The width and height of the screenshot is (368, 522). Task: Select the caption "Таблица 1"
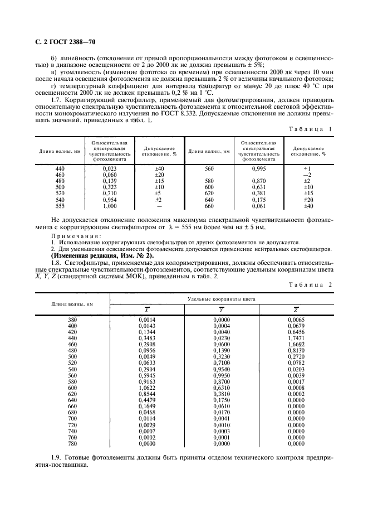311,129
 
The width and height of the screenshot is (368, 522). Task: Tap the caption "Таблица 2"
311,285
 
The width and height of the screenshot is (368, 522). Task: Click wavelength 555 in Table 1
60,206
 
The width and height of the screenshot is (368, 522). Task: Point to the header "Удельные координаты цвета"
222,299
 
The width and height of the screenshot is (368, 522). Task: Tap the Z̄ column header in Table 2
296,310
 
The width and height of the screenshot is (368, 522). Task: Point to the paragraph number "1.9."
57,457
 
